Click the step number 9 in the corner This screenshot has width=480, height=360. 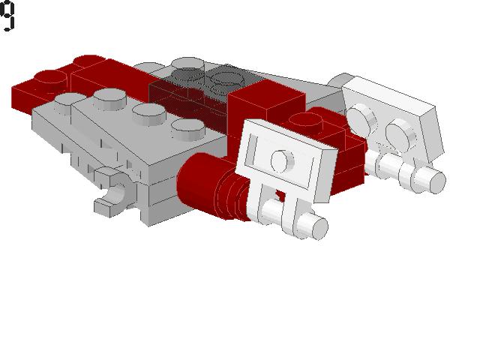coord(8,16)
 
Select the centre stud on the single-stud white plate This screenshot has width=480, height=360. coord(280,159)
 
